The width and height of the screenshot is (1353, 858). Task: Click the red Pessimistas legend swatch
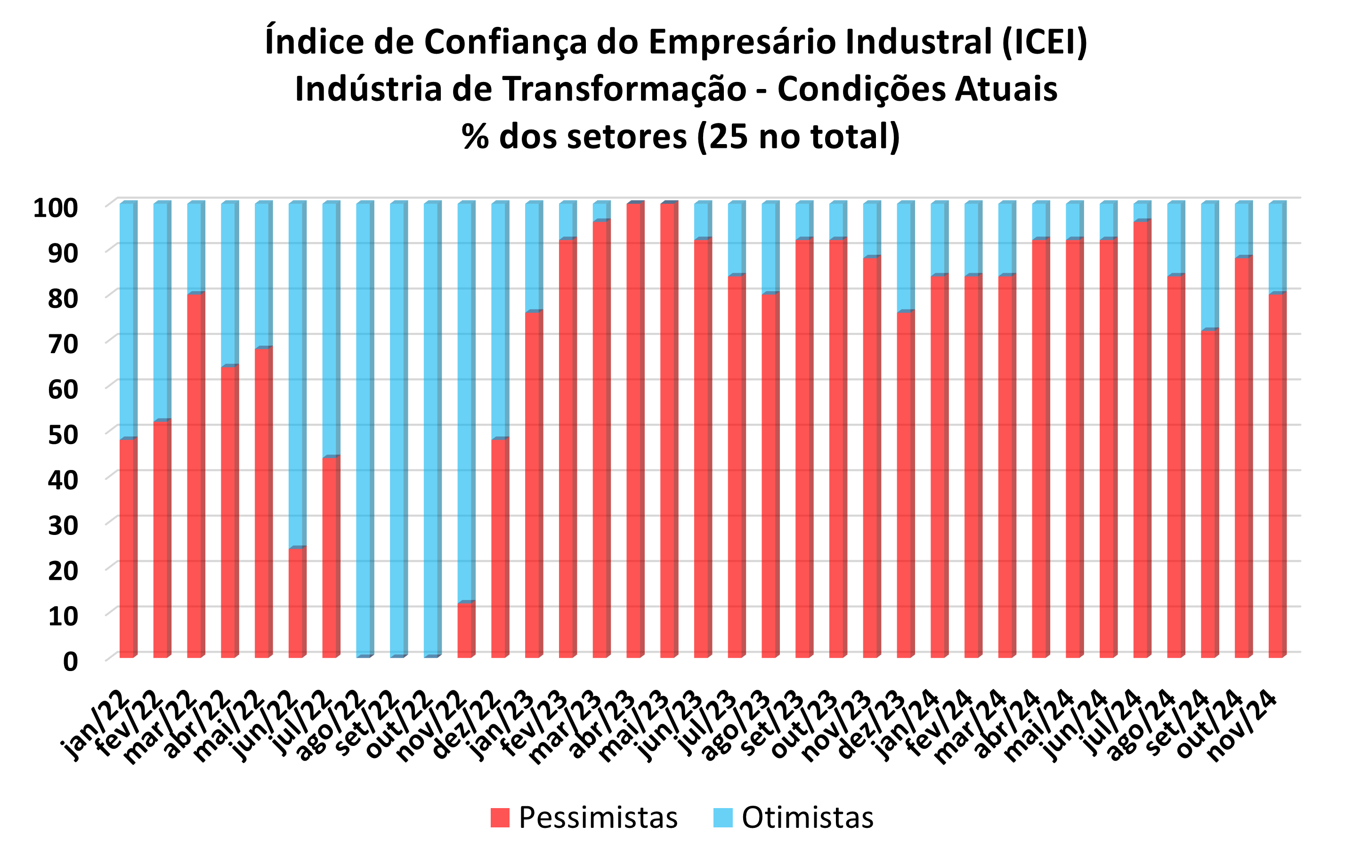click(x=500, y=818)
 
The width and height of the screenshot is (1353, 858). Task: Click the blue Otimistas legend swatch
click(x=722, y=818)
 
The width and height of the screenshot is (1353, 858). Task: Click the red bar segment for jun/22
click(x=296, y=602)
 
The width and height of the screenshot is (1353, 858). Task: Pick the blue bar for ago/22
click(x=364, y=430)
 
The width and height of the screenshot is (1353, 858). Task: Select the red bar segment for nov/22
click(x=465, y=629)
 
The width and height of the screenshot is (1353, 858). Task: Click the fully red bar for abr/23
click(x=634, y=430)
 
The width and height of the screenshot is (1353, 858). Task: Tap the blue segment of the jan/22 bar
click(x=127, y=320)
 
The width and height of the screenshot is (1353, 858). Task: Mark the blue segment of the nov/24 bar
click(x=1276, y=248)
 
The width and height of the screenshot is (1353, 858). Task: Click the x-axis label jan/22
click(x=96, y=726)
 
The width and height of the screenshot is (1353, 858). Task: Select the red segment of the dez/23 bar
click(x=904, y=485)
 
